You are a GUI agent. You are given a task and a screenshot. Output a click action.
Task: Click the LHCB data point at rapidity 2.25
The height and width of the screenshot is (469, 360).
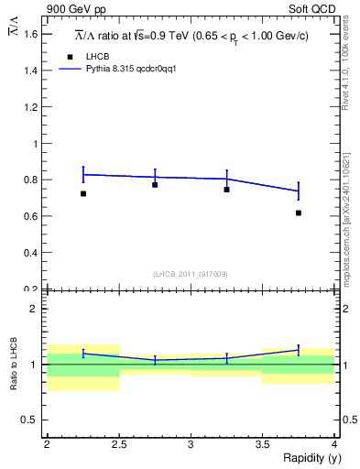[83, 193]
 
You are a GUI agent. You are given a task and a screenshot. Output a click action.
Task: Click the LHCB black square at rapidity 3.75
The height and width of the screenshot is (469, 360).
[299, 213]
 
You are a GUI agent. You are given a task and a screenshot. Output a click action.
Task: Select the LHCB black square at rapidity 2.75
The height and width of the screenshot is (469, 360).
[155, 185]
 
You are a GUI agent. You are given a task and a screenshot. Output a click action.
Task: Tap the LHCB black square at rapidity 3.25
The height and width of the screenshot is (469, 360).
[226, 190]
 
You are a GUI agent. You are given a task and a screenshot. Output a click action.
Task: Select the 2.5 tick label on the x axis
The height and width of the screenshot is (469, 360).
[119, 443]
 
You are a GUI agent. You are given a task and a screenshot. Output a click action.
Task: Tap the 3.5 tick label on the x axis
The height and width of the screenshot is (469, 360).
[262, 443]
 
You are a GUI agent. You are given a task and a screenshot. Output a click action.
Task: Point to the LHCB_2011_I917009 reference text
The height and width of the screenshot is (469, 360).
[190, 274]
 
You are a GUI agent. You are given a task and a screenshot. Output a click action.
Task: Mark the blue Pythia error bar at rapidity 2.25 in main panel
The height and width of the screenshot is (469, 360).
[83, 174]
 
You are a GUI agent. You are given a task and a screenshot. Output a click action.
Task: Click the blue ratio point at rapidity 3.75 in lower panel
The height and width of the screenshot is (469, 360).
[299, 350]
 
